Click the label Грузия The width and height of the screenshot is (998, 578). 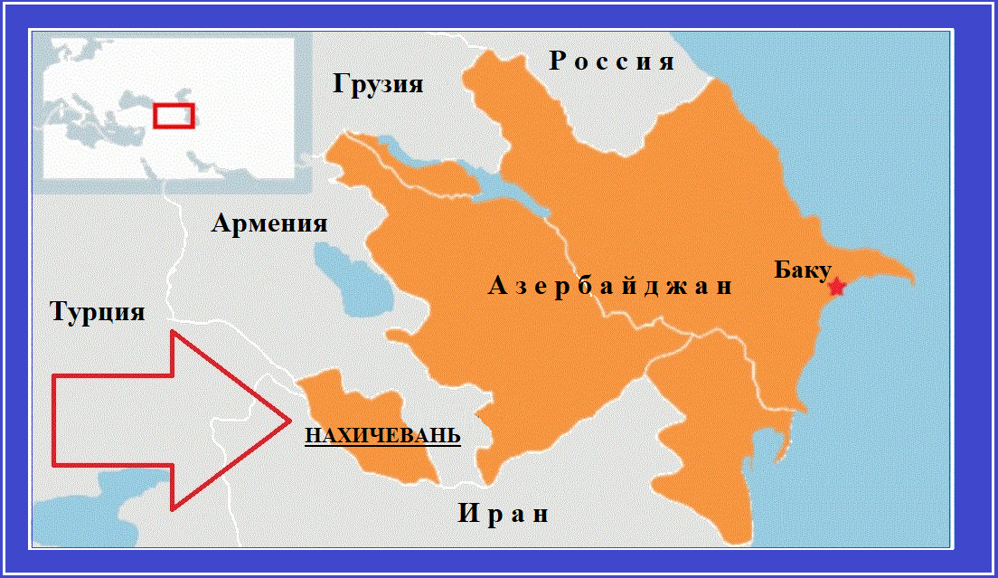[378, 84]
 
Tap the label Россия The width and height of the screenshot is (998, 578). [612, 62]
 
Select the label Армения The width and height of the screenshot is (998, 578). [269, 223]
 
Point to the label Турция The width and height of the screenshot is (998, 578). [98, 312]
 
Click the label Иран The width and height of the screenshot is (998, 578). [503, 514]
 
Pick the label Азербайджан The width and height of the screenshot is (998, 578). [609, 287]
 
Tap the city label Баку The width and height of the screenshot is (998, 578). [803, 270]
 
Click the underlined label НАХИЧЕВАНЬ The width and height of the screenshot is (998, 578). [382, 436]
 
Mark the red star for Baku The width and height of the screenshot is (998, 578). [836, 287]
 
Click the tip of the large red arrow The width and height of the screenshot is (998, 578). [288, 420]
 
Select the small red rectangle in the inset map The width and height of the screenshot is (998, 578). [174, 115]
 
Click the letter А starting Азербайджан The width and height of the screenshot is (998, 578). [496, 287]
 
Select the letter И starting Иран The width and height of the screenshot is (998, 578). [466, 514]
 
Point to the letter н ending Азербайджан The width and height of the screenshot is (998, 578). [722, 288]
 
